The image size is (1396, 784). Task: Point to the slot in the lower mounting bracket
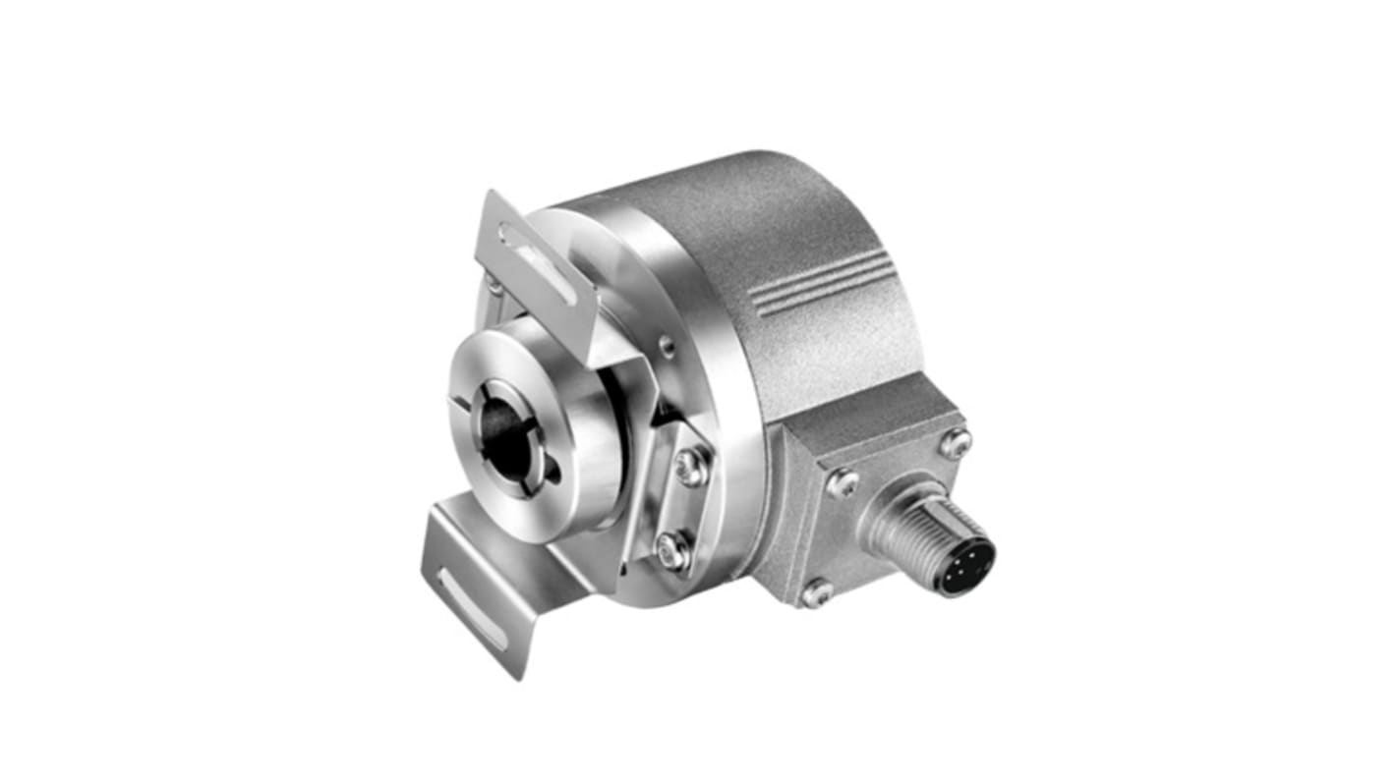coord(472,609)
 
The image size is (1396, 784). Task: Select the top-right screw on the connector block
coord(954,442)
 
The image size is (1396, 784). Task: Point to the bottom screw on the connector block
coord(815,591)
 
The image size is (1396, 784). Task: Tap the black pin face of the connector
coord(965,567)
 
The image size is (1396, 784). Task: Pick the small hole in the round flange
coord(667,345)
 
